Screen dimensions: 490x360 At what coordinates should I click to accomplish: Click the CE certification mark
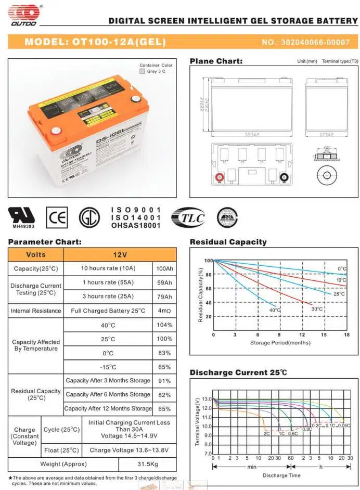[56, 217]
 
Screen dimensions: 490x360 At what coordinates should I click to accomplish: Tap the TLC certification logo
[188, 218]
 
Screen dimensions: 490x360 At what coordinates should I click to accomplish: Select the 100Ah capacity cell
[164, 268]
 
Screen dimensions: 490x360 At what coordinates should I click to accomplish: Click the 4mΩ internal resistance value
[164, 311]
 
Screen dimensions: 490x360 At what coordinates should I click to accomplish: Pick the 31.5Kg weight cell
[148, 464]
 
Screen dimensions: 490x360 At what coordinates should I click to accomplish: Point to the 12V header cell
[120, 255]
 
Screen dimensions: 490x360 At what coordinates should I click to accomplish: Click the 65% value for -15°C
[164, 367]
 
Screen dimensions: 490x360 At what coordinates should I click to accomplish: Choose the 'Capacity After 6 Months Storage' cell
[108, 395]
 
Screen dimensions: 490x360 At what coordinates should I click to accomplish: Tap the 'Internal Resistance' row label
[36, 311]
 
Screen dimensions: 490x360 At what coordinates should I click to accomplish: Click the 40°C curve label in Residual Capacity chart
[275, 311]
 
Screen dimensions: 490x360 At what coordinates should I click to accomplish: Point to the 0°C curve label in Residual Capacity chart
[342, 269]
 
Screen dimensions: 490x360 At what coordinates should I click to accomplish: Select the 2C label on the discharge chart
[266, 433]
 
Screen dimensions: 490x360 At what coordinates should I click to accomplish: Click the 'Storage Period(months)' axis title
[280, 343]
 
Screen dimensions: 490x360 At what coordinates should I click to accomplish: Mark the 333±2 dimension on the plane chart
[252, 134]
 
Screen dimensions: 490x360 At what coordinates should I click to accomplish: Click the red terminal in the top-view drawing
[220, 177]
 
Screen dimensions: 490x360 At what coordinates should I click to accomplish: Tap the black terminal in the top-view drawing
[285, 177]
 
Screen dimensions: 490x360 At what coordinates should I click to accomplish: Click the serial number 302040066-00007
[306, 42]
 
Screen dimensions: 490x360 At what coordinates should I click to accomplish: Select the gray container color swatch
[143, 71]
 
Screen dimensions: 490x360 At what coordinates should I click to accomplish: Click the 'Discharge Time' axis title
[281, 475]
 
